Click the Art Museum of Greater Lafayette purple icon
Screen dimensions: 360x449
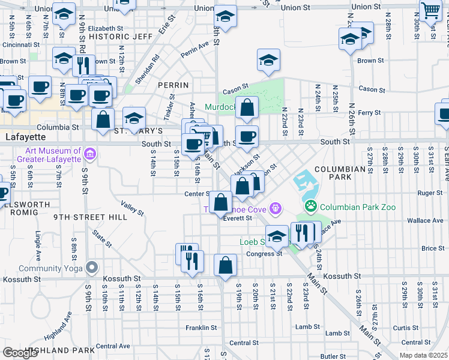tap(90, 154)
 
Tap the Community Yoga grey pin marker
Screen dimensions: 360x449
tap(91, 267)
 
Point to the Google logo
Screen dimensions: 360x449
tap(20, 353)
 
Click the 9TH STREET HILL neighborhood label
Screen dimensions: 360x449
tap(90, 217)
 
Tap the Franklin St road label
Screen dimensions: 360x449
tap(200, 328)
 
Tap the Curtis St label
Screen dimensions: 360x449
tap(406, 328)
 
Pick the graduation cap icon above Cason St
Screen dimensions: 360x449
tap(269, 60)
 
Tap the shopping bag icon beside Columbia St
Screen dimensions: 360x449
tap(103, 118)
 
